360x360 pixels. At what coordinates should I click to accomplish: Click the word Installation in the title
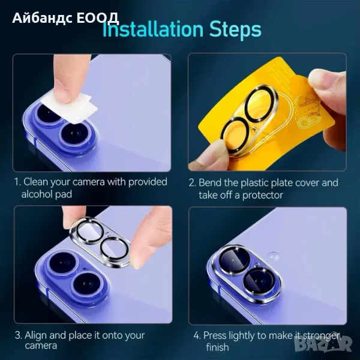pos(153,29)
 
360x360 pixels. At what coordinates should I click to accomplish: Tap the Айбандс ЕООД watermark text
pos(65,18)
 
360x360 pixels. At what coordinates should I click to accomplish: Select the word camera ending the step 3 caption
pos(41,346)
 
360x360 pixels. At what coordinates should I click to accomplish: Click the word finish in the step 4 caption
pos(217,347)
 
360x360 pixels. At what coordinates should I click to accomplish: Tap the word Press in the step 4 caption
pos(215,335)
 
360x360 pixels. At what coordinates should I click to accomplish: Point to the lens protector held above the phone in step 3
pos(100,242)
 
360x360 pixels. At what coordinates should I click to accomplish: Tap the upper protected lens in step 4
pos(234,259)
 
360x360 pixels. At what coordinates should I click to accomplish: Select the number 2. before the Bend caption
pos(193,183)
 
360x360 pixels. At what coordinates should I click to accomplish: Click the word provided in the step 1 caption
pos(148,182)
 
